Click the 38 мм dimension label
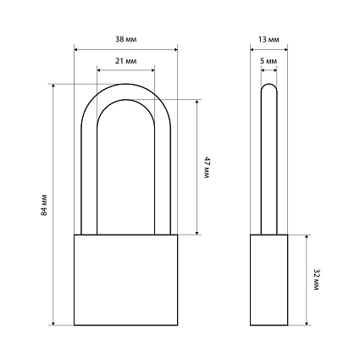click(x=125, y=39)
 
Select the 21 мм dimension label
click(x=125, y=61)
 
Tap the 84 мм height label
click(x=43, y=205)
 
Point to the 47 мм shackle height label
click(x=208, y=167)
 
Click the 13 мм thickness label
click(x=269, y=39)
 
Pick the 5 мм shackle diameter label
click(x=269, y=61)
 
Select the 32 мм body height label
click(x=317, y=280)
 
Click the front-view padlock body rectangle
click(x=126, y=280)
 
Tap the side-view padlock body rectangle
click(x=269, y=280)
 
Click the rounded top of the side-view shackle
click(x=269, y=84)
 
